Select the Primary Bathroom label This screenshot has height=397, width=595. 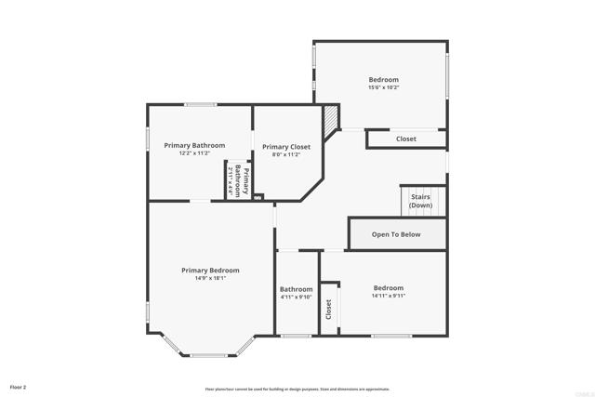click(x=194, y=145)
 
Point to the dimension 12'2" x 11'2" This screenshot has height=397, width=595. click(x=194, y=153)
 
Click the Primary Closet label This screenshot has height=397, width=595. click(x=286, y=146)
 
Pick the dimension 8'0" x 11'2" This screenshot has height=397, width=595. click(x=286, y=154)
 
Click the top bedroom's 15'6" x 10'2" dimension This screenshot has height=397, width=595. click(x=383, y=88)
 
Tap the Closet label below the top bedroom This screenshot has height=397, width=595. click(x=406, y=139)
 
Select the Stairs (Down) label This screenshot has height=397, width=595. click(x=420, y=202)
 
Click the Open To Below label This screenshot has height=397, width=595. click(x=396, y=234)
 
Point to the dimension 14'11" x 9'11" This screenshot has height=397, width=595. click(x=389, y=296)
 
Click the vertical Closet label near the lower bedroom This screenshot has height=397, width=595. click(x=328, y=309)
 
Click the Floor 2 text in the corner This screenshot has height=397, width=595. click(x=19, y=386)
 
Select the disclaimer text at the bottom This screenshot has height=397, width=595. click(x=297, y=389)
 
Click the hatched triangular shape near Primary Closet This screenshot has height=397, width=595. click(x=331, y=117)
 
